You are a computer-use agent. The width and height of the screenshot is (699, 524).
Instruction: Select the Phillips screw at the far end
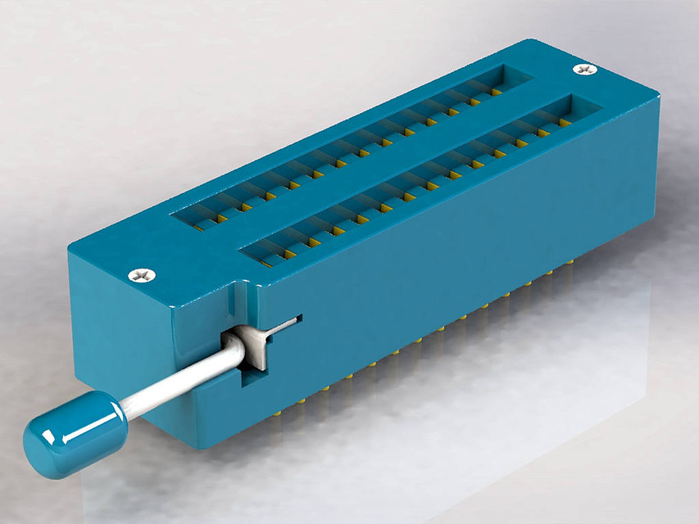pos(585,70)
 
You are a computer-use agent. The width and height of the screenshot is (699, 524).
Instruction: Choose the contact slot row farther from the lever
pos(352,139)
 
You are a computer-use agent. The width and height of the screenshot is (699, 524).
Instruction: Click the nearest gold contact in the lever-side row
pos(266,264)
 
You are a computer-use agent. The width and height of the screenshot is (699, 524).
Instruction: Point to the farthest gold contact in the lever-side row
pos(565,123)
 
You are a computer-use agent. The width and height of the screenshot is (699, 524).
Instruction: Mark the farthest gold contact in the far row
pos(497,93)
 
